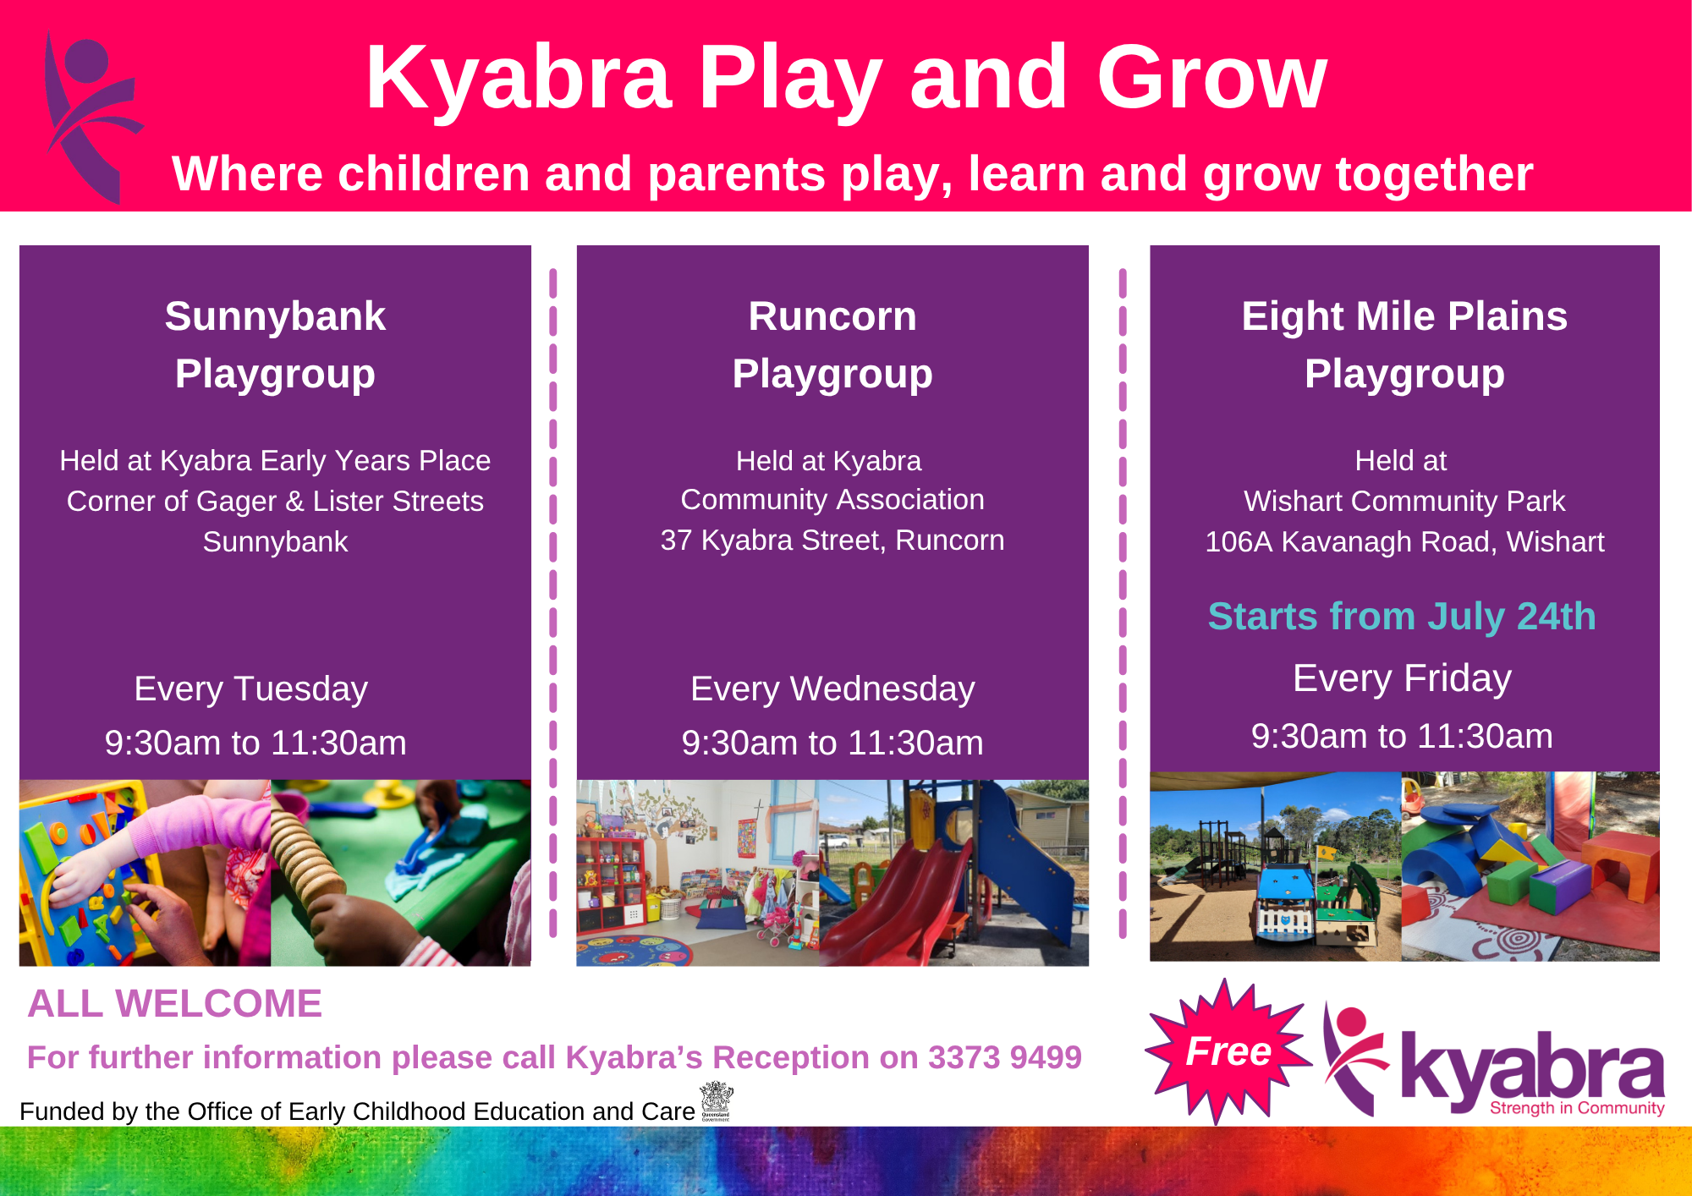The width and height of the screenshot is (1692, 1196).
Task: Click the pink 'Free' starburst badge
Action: pos(1227,1051)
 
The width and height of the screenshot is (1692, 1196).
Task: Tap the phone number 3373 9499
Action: pos(1005,1057)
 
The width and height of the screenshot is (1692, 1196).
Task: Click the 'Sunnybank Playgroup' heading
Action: pos(275,345)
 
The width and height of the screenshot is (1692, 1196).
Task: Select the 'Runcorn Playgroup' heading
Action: pos(832,345)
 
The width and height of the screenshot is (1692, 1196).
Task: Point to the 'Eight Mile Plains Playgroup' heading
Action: pos(1404,345)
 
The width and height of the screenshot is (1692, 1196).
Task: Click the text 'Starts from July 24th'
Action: pos(1402,616)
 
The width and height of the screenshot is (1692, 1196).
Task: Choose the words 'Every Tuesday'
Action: pos(251,689)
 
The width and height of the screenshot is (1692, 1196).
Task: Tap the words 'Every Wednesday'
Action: pos(832,689)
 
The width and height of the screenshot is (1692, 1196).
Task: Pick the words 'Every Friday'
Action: pos(1402,678)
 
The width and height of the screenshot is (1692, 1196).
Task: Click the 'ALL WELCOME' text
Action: pos(175,1004)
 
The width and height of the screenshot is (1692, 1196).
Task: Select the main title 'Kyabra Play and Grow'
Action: pos(846,78)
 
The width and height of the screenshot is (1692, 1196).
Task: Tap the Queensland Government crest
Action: pos(717,1100)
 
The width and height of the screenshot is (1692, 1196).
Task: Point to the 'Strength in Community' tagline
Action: pos(1577,1108)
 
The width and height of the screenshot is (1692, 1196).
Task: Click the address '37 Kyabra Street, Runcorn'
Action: pos(832,540)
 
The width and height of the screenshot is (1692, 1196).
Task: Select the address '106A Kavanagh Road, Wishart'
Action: pos(1404,542)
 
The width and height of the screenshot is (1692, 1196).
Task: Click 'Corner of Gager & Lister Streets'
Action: pos(275,502)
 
